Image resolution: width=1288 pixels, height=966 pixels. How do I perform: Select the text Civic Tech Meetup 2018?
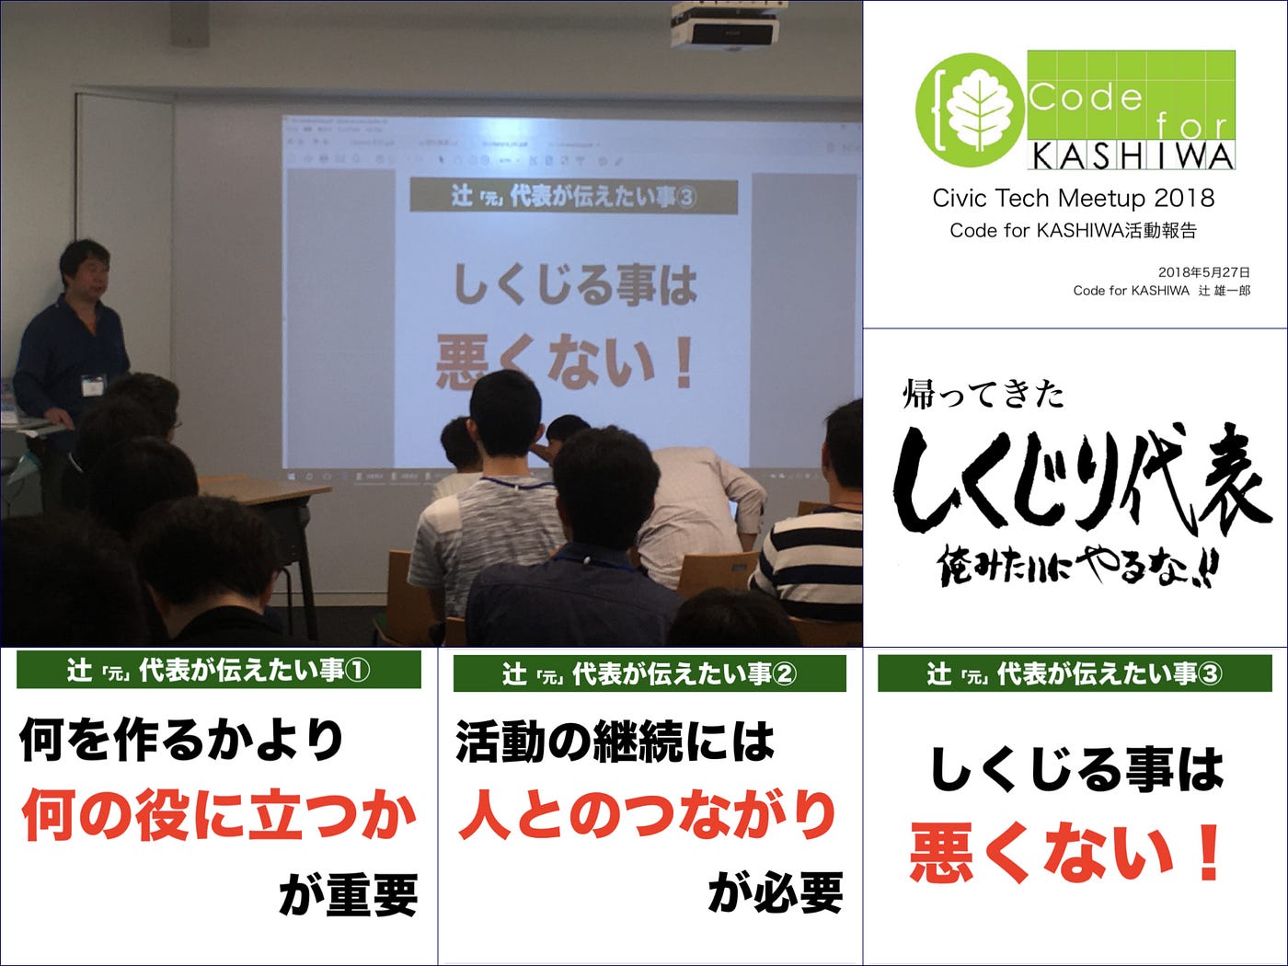pos(1074,198)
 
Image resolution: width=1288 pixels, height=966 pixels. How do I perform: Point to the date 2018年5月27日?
pos(1203,272)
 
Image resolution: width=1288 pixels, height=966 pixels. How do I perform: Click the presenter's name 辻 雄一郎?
pos(1224,291)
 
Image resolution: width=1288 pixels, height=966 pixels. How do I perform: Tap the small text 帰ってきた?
pos(983,394)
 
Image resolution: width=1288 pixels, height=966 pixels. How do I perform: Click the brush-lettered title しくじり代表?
pos(1080,478)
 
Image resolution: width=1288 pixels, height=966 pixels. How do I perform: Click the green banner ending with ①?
pos(218,670)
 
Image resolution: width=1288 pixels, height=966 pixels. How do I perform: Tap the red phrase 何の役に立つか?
pos(218,815)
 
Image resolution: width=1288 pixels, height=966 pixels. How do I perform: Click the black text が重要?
pos(348,895)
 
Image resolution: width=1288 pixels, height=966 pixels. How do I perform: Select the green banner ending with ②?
pos(650,673)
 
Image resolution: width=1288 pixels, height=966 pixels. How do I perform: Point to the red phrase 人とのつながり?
pos(648,815)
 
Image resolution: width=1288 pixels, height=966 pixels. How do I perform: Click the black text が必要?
pos(776,892)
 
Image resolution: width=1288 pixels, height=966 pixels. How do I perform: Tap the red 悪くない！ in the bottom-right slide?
pos(1065,853)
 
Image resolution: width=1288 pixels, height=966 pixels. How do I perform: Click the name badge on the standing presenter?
pos(94,385)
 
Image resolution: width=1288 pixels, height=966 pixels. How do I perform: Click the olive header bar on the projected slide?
pos(573,195)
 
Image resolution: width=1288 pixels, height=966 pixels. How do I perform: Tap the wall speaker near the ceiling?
pos(190,23)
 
